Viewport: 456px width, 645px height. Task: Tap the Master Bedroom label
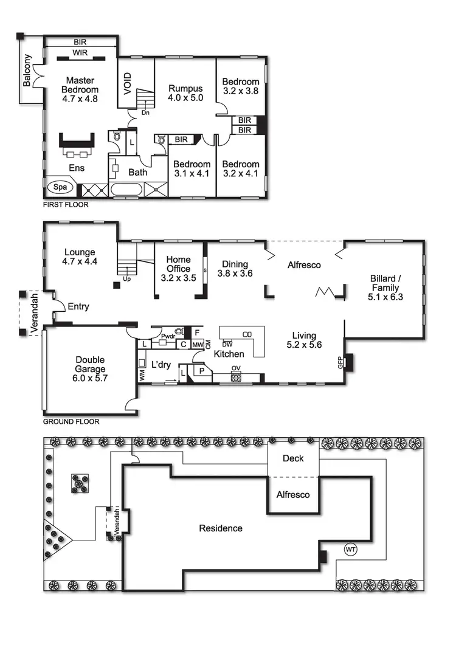[80, 89]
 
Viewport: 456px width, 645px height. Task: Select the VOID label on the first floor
[128, 85]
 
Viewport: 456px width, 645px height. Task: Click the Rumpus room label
[185, 93]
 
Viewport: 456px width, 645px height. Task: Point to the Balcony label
[27, 71]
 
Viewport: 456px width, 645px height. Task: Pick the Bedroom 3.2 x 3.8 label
[241, 86]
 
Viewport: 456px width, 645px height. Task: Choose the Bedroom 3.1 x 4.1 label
[192, 169]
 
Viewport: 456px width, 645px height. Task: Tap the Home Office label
[179, 269]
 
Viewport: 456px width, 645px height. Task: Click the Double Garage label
[91, 364]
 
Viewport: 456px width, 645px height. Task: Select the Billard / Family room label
[385, 288]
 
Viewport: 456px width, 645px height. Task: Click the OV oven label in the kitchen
[235, 368]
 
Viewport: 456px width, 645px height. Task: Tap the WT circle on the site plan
[351, 549]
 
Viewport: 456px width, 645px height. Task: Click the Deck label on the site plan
[293, 458]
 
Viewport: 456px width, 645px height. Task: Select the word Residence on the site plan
[221, 528]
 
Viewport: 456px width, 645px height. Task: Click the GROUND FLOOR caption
[71, 421]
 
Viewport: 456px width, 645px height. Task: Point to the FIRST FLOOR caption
[66, 205]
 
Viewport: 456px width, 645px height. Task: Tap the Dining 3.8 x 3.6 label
[235, 269]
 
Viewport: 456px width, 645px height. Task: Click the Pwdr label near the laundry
[168, 335]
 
